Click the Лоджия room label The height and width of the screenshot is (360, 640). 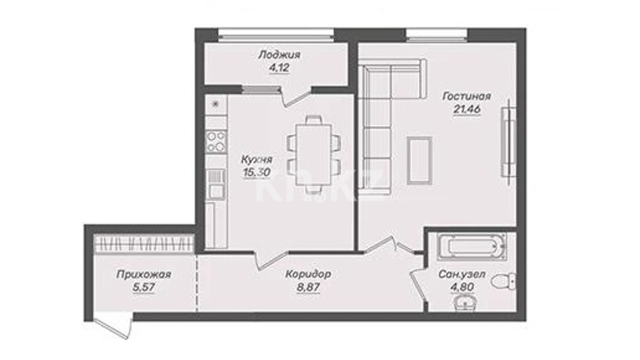tap(279, 55)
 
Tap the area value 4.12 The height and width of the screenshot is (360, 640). tap(279, 68)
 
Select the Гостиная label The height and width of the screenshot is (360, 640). tap(466, 96)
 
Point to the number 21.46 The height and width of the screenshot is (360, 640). tap(466, 109)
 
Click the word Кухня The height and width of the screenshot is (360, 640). tap(257, 159)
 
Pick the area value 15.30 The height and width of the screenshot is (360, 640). tap(256, 172)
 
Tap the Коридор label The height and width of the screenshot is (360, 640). tap(308, 274)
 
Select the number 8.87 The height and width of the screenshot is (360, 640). tap(308, 287)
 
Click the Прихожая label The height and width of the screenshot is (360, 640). tap(143, 274)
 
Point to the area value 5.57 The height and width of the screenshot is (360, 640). tap(143, 287)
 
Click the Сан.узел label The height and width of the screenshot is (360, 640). tap(462, 274)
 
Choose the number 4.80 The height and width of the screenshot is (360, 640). tap(462, 287)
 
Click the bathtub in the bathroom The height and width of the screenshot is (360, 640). tap(471, 246)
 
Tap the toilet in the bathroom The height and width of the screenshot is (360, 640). tap(503, 280)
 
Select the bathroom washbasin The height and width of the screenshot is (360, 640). tap(465, 303)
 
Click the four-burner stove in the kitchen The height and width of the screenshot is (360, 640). tap(216, 141)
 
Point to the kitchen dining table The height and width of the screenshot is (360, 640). tap(313, 154)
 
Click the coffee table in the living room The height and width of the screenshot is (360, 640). tap(419, 160)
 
